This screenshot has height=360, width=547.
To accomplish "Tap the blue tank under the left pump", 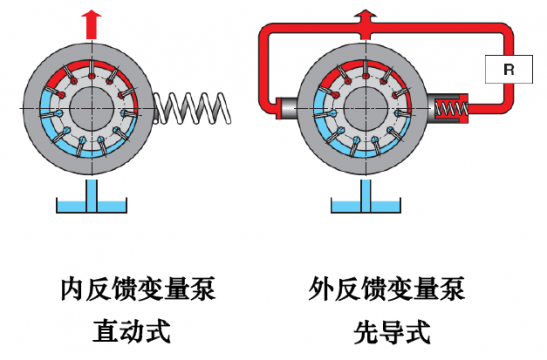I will click(x=91, y=209).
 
